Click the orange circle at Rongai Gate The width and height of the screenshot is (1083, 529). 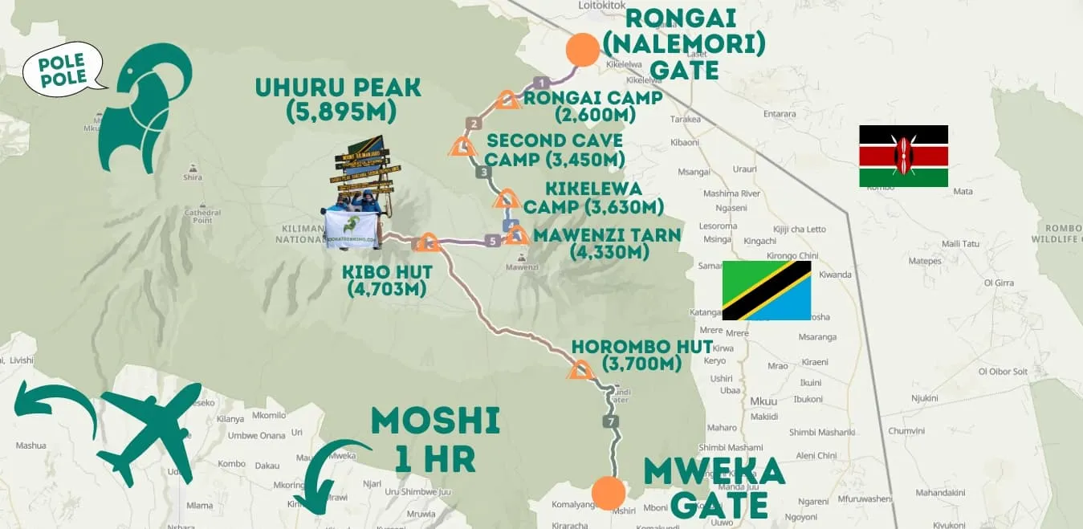582,50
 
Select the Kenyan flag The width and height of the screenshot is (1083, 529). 903,156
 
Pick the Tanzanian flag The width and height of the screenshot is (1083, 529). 767,290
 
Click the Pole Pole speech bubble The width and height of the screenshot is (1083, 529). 63,69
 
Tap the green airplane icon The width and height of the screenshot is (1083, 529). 150,432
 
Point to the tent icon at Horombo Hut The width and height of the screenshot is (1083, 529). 580,370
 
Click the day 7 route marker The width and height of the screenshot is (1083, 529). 613,421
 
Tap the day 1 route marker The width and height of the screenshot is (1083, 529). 541,82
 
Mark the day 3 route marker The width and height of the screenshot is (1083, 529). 482,172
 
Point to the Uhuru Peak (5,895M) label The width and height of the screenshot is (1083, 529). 338,100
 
